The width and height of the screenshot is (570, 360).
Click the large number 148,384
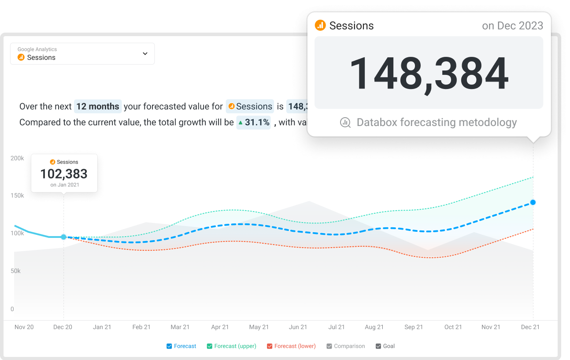[429, 73]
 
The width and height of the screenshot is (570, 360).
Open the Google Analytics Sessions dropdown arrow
[145, 54]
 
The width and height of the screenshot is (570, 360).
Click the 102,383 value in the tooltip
[64, 174]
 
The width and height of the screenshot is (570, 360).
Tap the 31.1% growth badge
[254, 122]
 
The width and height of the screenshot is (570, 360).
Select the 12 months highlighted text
[98, 106]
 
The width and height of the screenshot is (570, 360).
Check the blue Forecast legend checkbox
[169, 346]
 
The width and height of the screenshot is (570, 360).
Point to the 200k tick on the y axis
[17, 158]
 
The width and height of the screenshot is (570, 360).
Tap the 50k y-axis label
[16, 271]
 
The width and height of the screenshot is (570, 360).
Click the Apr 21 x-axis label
[220, 327]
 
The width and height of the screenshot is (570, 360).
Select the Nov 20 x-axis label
[24, 327]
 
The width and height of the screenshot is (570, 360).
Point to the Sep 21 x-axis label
[414, 327]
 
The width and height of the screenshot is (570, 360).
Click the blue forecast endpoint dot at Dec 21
[533, 202]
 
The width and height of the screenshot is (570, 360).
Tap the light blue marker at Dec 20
[63, 237]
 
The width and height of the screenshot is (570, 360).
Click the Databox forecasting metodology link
[437, 122]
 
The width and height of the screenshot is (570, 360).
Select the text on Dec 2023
[512, 26]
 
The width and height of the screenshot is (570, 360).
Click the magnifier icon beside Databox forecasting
[345, 122]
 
